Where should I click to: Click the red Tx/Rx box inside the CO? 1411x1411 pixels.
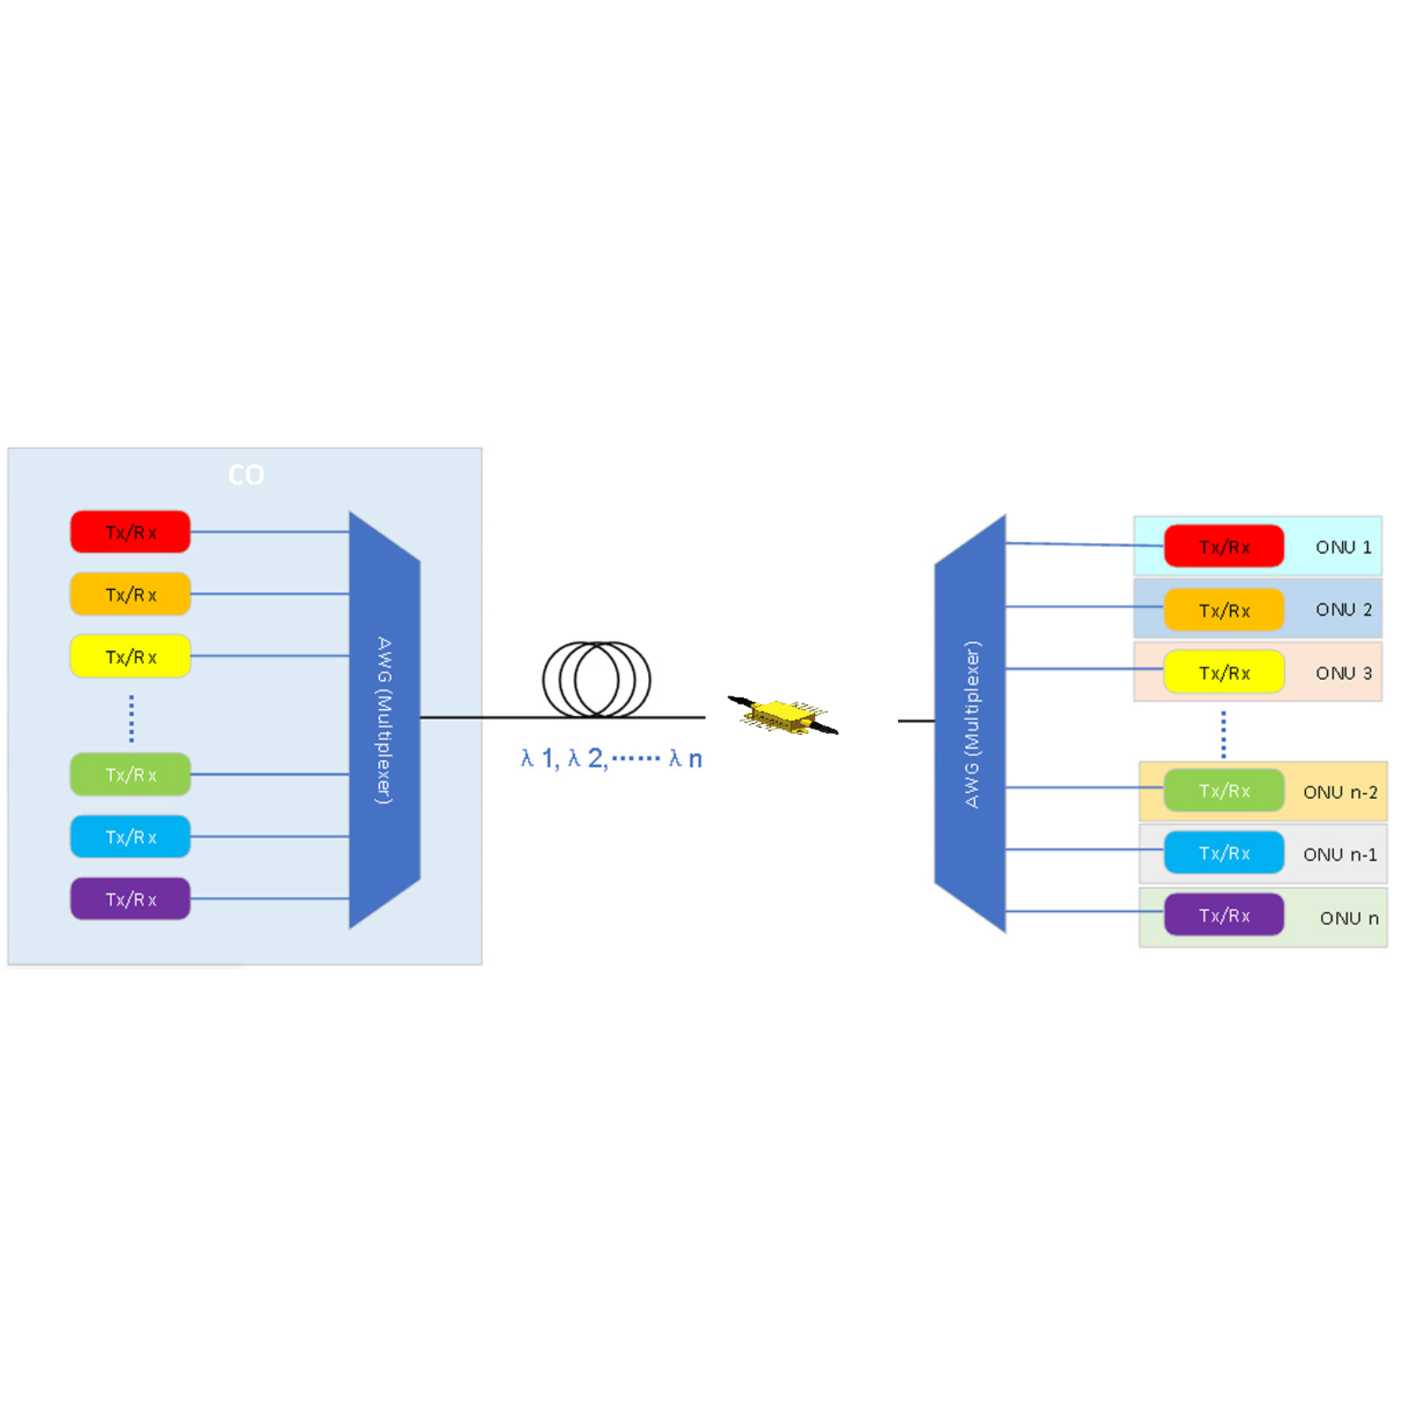pyautogui.click(x=131, y=532)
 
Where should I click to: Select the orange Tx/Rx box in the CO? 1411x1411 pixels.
pyautogui.click(x=131, y=594)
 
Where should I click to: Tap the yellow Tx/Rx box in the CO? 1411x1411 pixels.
pyautogui.click(x=131, y=656)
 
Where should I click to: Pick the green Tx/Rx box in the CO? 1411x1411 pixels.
pyautogui.click(x=131, y=774)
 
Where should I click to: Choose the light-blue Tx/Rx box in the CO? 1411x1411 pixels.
pyautogui.click(x=131, y=837)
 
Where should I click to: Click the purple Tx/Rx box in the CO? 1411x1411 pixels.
pyautogui.click(x=131, y=899)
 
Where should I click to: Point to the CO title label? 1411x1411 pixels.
pyautogui.click(x=246, y=475)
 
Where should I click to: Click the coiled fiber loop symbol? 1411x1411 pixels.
pyautogui.click(x=596, y=679)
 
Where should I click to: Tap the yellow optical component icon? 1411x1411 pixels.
pyautogui.click(x=781, y=715)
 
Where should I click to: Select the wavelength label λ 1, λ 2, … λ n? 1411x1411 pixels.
pyautogui.click(x=611, y=758)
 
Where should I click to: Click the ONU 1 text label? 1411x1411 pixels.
pyautogui.click(x=1343, y=547)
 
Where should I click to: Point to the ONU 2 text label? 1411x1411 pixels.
pyautogui.click(x=1343, y=609)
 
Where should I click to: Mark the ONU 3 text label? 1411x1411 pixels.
pyautogui.click(x=1343, y=673)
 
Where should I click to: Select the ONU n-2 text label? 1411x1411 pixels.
pyautogui.click(x=1340, y=792)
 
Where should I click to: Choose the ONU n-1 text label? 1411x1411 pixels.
pyautogui.click(x=1340, y=854)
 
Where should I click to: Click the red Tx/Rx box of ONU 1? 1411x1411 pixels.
pyautogui.click(x=1224, y=547)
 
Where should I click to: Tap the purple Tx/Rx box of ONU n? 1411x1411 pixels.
pyautogui.click(x=1224, y=915)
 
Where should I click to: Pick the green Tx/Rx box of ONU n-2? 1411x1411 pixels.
pyautogui.click(x=1224, y=791)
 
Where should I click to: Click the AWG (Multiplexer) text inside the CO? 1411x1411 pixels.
pyautogui.click(x=384, y=720)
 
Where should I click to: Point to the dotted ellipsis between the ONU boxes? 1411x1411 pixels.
pyautogui.click(x=1223, y=735)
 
